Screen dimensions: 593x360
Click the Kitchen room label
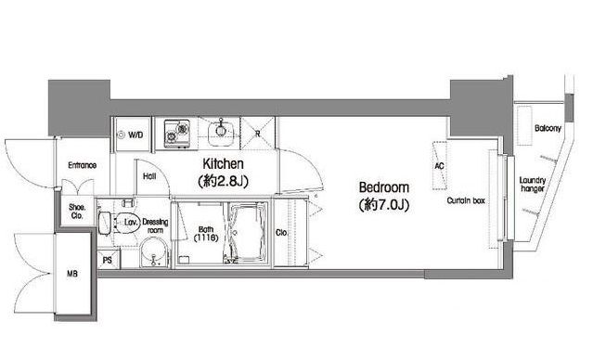click(223, 164)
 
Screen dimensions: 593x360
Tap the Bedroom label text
click(384, 187)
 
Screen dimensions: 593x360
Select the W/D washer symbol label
click(135, 135)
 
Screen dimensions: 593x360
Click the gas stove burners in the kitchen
click(176, 133)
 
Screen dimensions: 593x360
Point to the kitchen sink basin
click(222, 132)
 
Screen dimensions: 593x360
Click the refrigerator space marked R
click(258, 133)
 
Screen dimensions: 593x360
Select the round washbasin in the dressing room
click(153, 252)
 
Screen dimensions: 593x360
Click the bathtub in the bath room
click(249, 233)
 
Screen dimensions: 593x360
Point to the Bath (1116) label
click(206, 234)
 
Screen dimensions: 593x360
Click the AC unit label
click(439, 166)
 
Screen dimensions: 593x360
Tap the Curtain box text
click(466, 200)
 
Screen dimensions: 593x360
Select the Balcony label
click(548, 128)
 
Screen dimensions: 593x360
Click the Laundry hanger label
click(533, 184)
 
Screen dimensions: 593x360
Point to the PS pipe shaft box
click(109, 259)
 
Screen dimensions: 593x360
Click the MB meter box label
click(72, 274)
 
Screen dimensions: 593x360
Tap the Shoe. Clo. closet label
click(77, 212)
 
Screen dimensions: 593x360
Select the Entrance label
click(82, 165)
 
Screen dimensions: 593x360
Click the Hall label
click(149, 176)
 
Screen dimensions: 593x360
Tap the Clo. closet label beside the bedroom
click(281, 233)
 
